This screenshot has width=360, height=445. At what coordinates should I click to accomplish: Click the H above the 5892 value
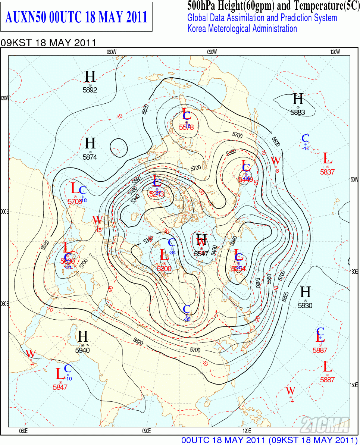point(90,76)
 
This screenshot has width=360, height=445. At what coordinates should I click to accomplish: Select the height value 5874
point(90,157)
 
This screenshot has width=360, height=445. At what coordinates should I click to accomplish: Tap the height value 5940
point(82,350)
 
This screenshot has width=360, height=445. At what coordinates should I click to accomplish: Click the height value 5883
point(298,112)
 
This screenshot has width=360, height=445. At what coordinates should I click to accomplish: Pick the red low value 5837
point(328,172)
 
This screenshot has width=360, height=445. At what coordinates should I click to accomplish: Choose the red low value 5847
point(60,387)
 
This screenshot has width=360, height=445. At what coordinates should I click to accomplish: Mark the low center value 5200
point(164,269)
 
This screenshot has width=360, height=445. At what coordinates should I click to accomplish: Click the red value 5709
point(75,201)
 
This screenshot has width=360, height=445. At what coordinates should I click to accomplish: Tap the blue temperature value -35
point(187,320)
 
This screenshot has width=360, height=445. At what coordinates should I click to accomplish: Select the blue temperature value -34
point(172,253)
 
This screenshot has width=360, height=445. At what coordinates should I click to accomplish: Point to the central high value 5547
point(201,253)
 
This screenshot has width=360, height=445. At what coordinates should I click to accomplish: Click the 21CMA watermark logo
point(325,424)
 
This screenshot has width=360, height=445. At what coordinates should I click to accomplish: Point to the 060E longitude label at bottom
point(23,431)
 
